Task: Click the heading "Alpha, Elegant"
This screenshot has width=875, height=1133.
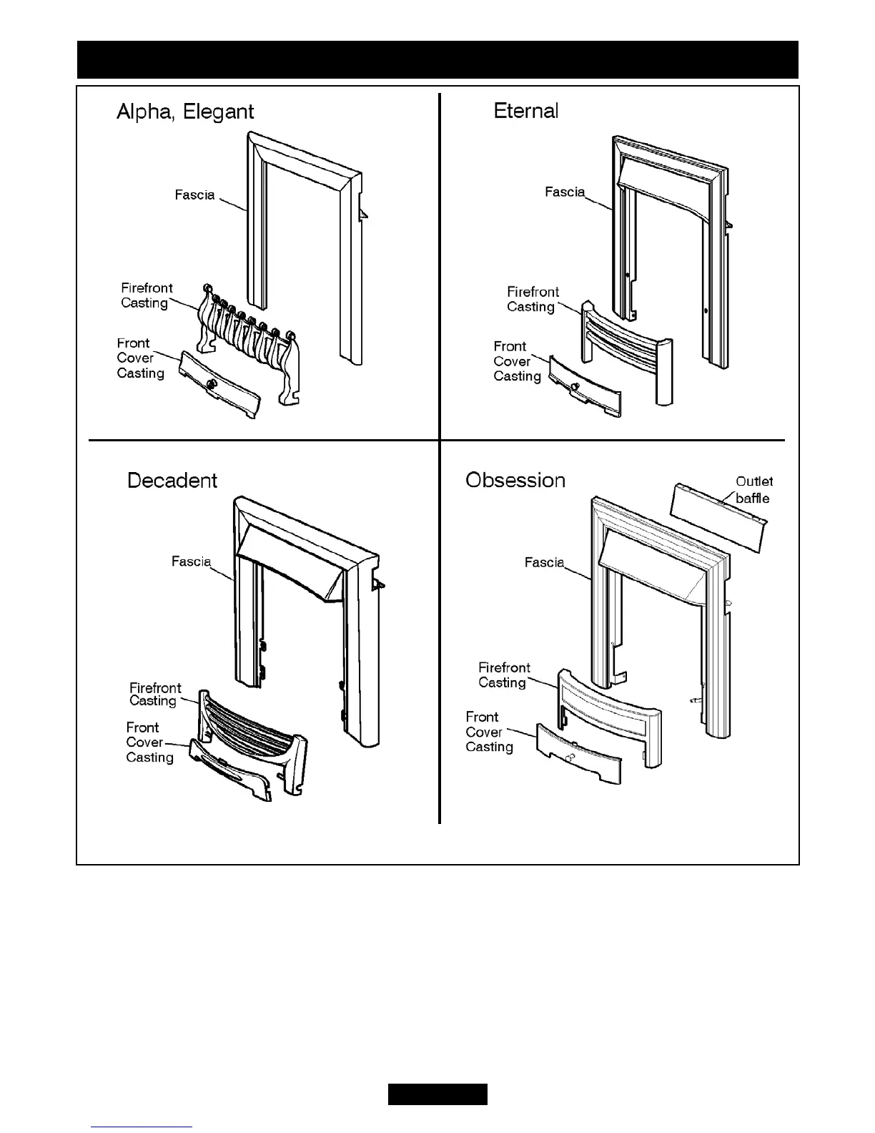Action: tap(184, 112)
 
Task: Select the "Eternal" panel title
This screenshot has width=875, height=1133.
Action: tap(526, 111)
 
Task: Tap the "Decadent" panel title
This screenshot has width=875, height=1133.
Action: tap(172, 480)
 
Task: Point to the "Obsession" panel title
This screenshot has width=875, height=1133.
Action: tap(515, 479)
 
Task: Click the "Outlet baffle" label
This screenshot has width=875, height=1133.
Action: tap(753, 490)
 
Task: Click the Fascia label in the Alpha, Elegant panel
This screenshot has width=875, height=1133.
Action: tap(194, 195)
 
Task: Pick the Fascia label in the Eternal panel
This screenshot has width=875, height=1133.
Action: tap(564, 192)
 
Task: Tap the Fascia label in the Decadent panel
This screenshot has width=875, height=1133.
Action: tap(191, 561)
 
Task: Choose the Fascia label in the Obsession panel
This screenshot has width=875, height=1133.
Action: tap(544, 562)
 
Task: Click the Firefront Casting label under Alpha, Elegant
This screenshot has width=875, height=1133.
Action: tap(146, 295)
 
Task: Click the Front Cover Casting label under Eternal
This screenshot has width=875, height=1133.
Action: tap(516, 361)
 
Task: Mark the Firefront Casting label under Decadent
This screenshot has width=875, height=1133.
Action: tap(154, 695)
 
